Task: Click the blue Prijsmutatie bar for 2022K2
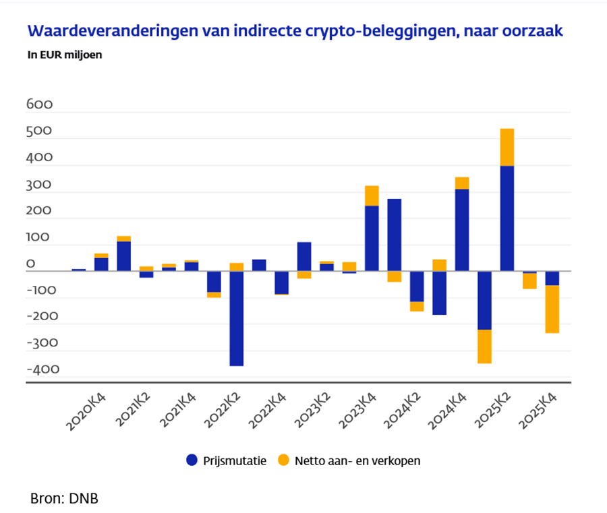[x=236, y=318]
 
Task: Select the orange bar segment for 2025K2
[x=507, y=147]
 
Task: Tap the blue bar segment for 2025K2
[x=507, y=218]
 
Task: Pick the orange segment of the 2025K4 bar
[x=552, y=309]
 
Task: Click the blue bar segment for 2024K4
[x=462, y=230]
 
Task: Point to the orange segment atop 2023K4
[x=372, y=195]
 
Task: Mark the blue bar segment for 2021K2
[x=123, y=256]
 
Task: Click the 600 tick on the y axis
[x=39, y=105]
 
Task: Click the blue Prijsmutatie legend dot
[x=192, y=460]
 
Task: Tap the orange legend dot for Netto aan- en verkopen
[x=283, y=460]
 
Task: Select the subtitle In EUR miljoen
[x=65, y=55]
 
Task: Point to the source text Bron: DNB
[x=65, y=499]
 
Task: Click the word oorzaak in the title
[x=533, y=31]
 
